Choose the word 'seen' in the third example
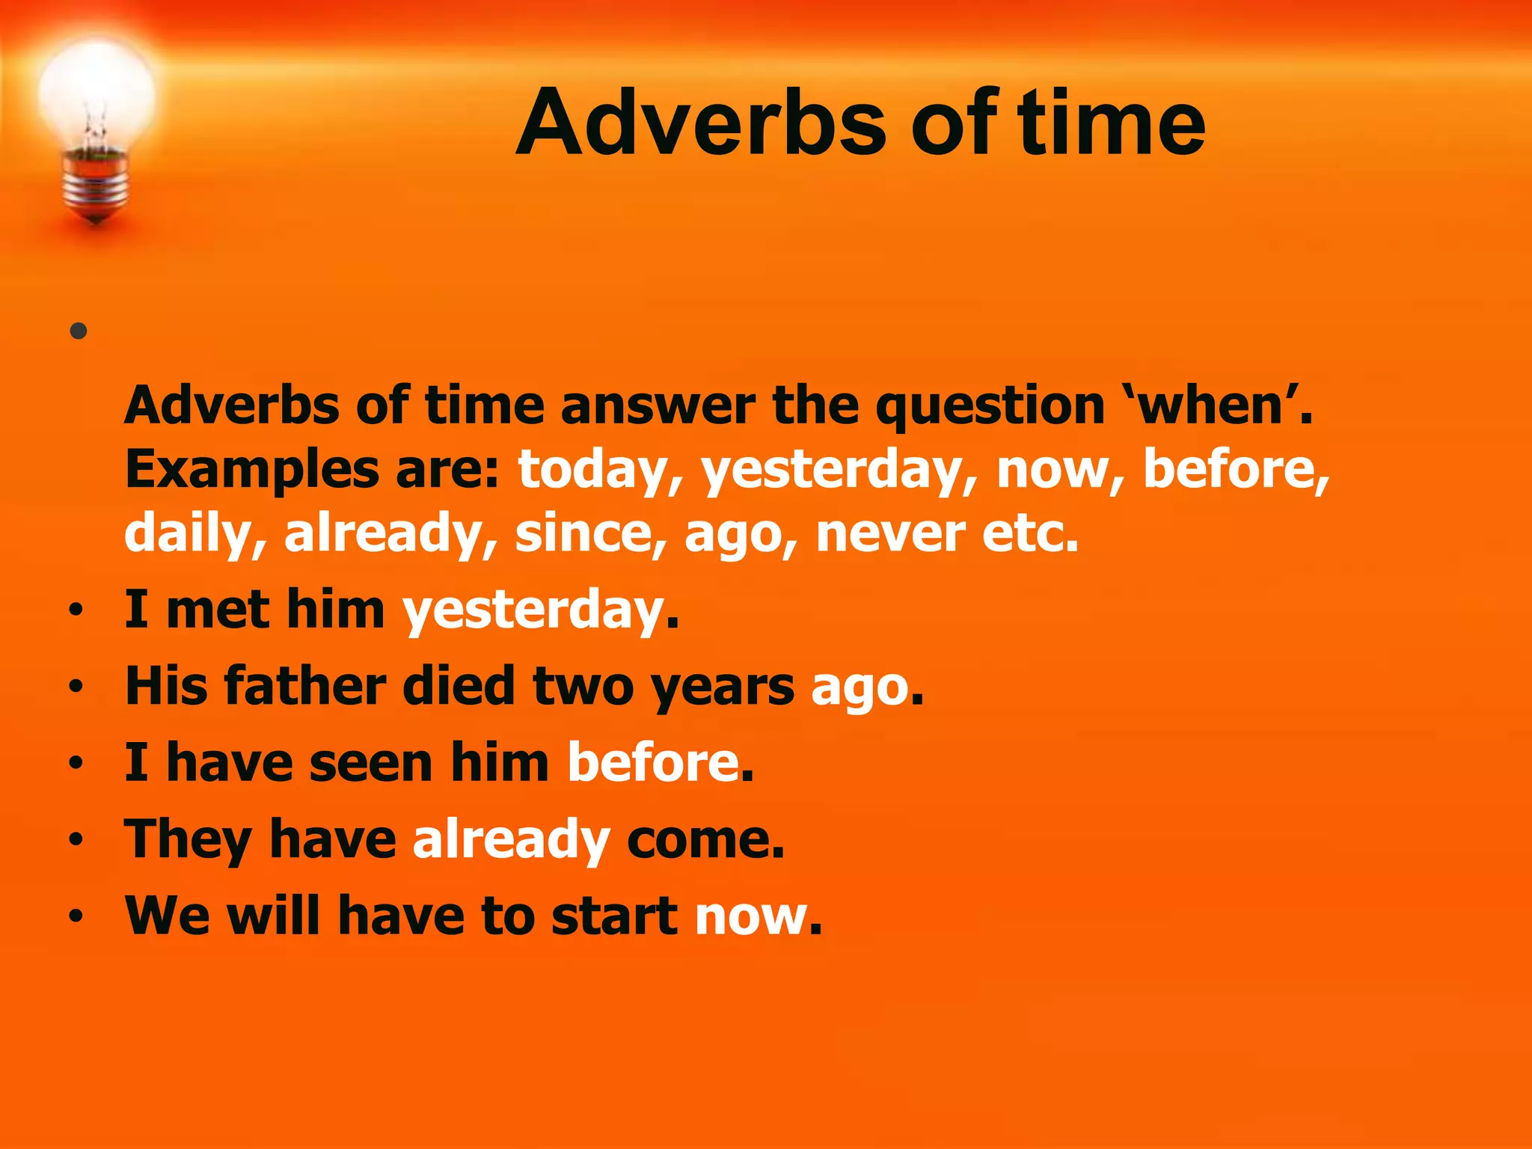click(370, 763)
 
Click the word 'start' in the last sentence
click(613, 916)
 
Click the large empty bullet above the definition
click(79, 331)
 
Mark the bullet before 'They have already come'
click(76, 840)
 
